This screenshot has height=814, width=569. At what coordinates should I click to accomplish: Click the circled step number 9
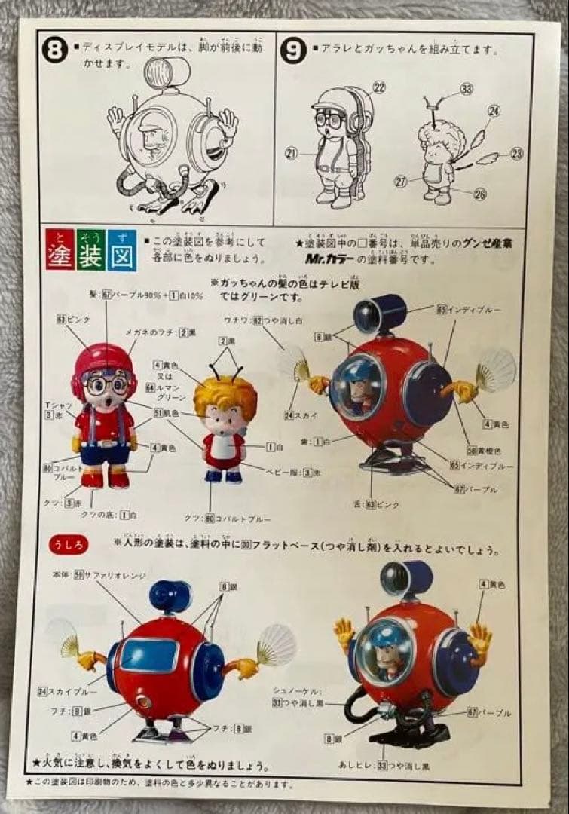[292, 52]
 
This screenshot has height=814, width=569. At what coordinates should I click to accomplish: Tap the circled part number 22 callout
[378, 87]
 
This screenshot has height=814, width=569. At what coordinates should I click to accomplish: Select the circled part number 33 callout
[467, 89]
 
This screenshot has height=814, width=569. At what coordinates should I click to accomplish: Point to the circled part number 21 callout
[292, 154]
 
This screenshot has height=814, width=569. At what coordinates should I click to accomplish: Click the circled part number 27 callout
[401, 181]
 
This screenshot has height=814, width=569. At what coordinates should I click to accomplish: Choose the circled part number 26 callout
[481, 194]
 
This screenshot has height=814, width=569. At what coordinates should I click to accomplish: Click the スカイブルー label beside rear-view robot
[62, 690]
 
